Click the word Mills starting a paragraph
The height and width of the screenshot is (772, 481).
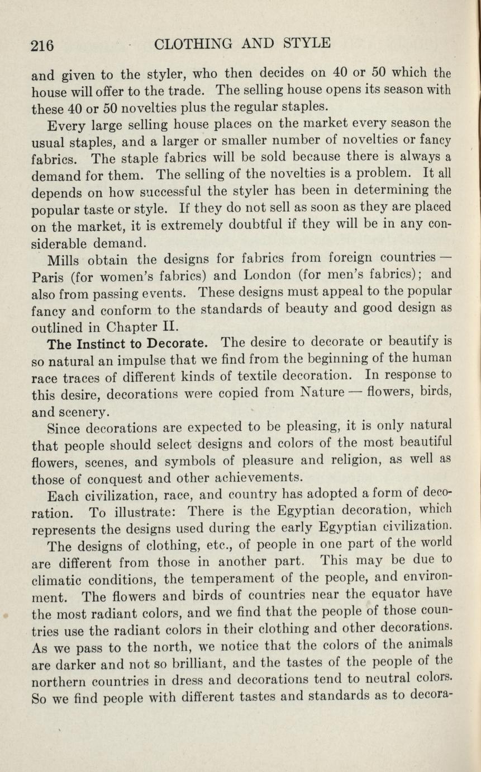tap(64, 260)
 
